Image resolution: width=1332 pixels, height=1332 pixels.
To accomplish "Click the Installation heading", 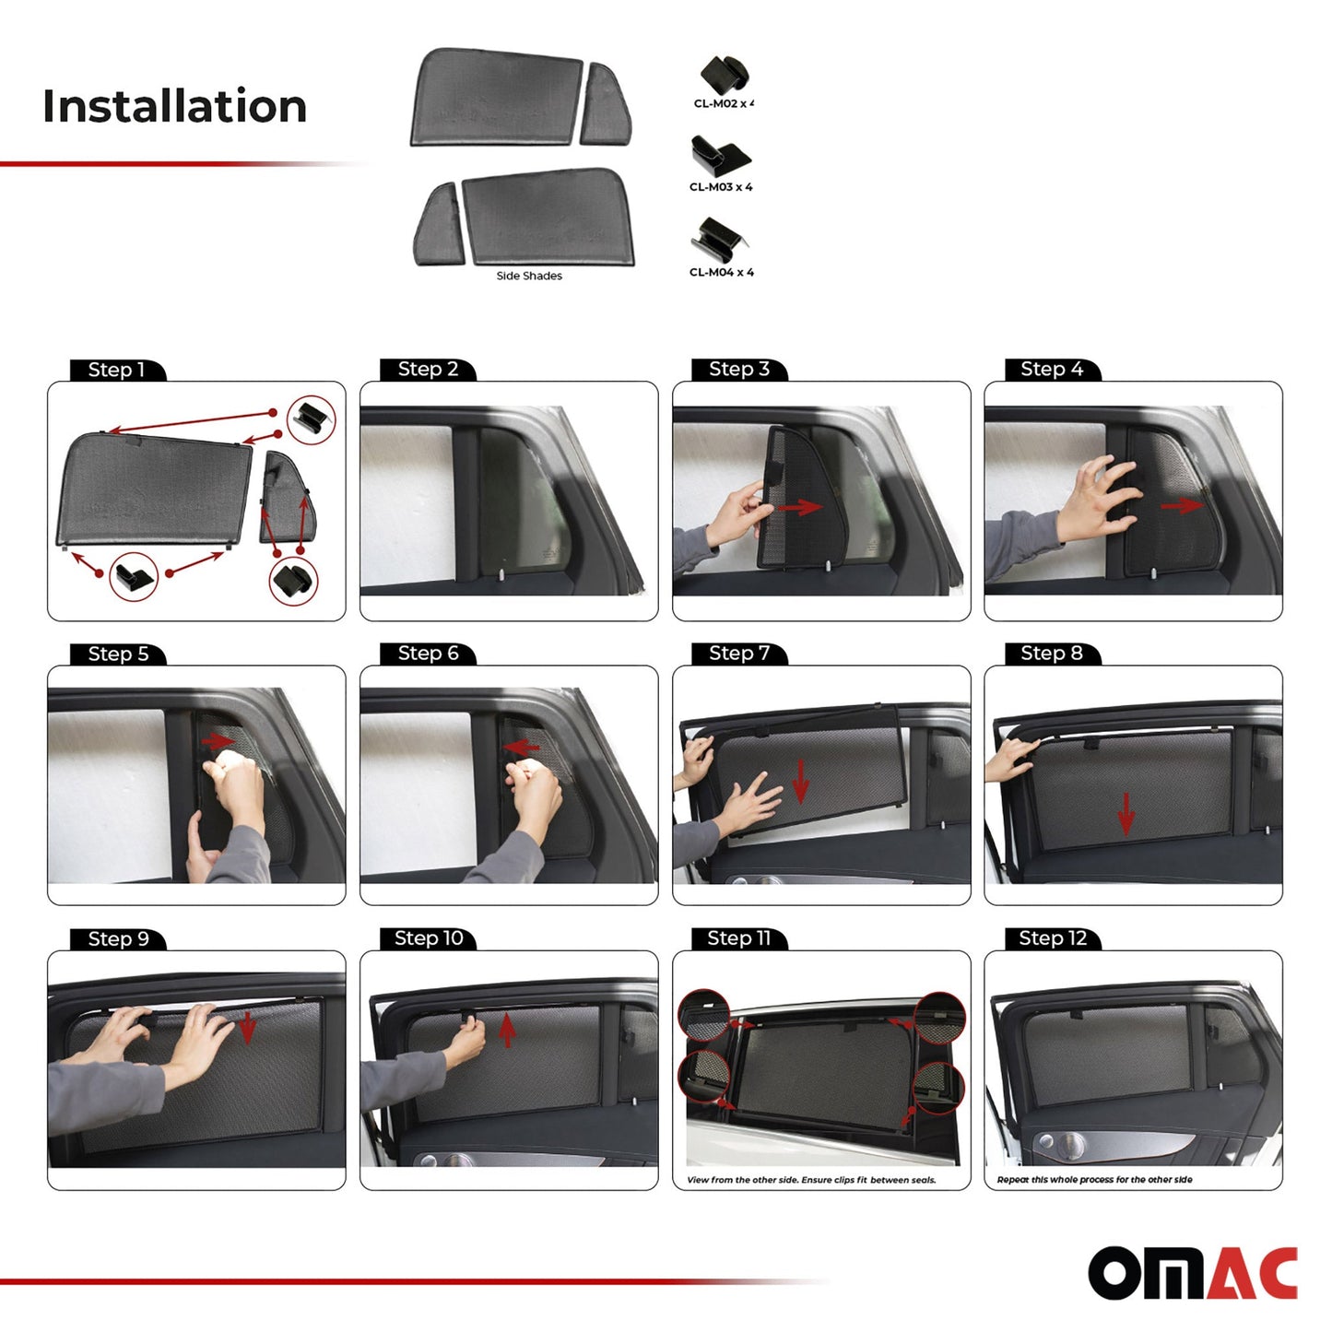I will [174, 106].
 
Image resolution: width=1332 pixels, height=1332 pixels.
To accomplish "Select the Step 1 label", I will [116, 370].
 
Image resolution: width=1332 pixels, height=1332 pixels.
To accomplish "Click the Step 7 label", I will [739, 654].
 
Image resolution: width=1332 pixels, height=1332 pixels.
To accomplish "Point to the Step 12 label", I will [1053, 938].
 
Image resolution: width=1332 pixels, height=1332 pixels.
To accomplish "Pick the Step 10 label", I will [429, 938].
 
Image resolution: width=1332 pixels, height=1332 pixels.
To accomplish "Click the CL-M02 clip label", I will [724, 104].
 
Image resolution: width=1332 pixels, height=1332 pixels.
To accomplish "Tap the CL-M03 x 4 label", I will [721, 187].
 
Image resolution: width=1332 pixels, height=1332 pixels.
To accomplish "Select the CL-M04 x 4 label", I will [721, 272].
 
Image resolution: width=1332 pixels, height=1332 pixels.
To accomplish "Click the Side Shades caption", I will [529, 276].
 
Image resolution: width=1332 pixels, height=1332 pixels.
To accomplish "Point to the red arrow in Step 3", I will [799, 507].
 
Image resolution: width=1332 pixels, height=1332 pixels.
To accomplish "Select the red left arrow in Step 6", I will [522, 747].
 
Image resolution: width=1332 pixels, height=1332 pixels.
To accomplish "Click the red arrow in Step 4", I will [1181, 505].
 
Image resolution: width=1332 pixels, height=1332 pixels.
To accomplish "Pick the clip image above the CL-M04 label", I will [719, 240].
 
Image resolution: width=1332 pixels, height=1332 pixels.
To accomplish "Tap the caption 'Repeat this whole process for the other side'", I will [1094, 1180].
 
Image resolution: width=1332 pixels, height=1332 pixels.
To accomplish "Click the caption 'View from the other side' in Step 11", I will [811, 1180].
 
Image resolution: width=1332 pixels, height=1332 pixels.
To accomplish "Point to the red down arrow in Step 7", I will [800, 780].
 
